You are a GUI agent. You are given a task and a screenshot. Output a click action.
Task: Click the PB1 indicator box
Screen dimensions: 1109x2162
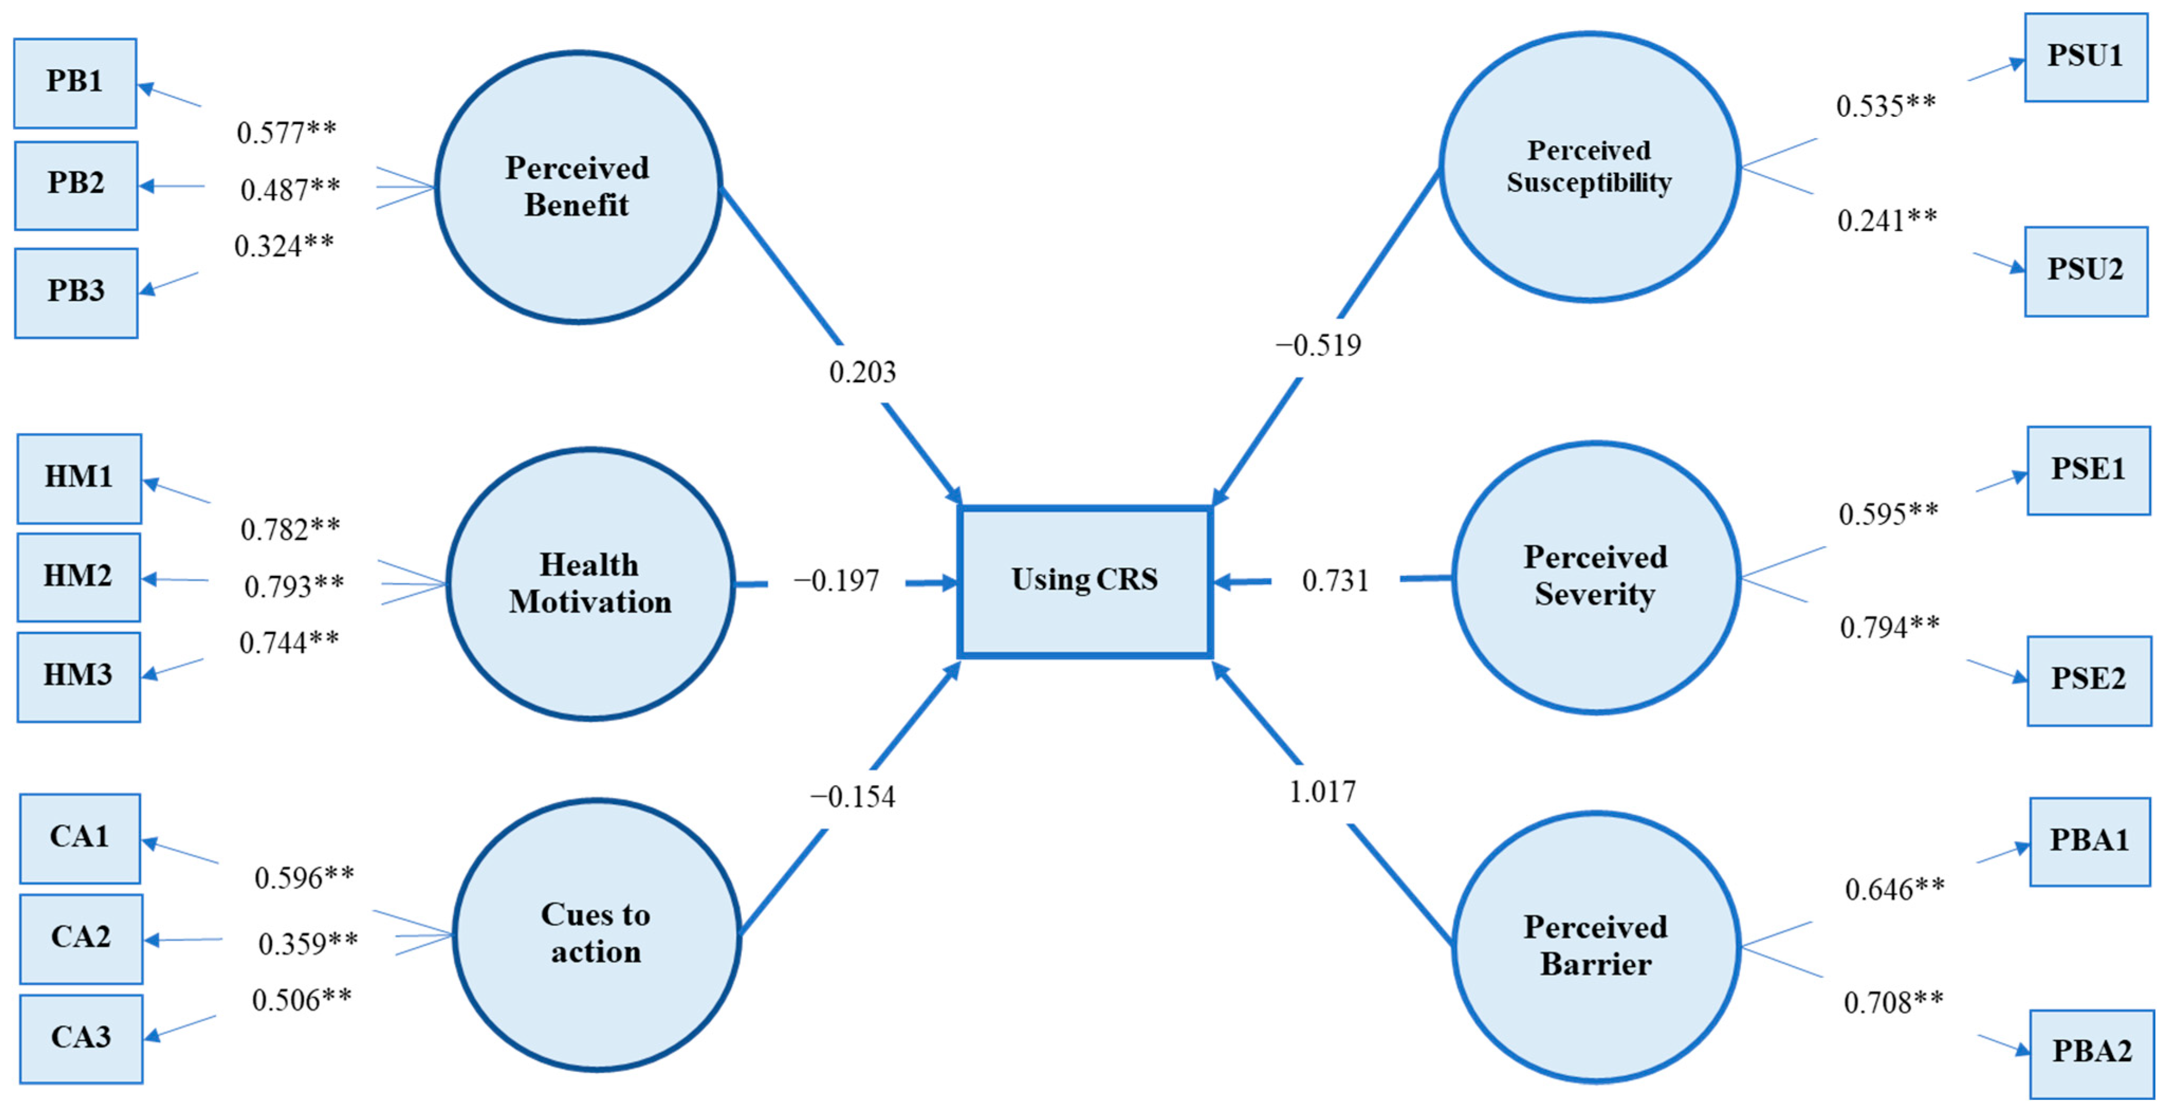click(x=75, y=82)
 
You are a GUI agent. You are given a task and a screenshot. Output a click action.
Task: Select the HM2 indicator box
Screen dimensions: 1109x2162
click(x=78, y=576)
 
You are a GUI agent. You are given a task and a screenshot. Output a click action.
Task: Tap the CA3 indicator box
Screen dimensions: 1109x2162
click(x=80, y=1038)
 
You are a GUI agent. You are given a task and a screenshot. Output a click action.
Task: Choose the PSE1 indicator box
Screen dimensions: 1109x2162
click(x=2088, y=470)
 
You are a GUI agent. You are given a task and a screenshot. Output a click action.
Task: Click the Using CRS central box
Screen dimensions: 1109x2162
click(x=1084, y=580)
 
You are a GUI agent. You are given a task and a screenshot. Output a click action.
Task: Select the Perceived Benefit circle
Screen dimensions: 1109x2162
click(x=577, y=186)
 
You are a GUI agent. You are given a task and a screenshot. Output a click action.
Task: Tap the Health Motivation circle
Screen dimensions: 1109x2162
click(x=590, y=583)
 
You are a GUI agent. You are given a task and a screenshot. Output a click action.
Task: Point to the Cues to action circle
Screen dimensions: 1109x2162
click(x=596, y=934)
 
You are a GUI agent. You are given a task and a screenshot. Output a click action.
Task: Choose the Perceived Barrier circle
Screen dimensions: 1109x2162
click(x=1596, y=946)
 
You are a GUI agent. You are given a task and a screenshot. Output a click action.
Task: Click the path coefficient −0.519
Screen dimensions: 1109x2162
click(x=1319, y=345)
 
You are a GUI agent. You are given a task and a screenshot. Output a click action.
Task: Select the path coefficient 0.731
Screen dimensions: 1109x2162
click(x=1335, y=580)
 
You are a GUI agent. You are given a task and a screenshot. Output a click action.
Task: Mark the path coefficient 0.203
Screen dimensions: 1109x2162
click(x=862, y=372)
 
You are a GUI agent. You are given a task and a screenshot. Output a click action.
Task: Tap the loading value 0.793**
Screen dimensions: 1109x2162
click(x=294, y=586)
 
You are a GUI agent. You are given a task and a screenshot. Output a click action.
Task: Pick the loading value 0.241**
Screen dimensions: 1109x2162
click(x=1887, y=220)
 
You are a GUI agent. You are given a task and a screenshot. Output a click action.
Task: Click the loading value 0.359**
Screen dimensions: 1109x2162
click(x=307, y=944)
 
